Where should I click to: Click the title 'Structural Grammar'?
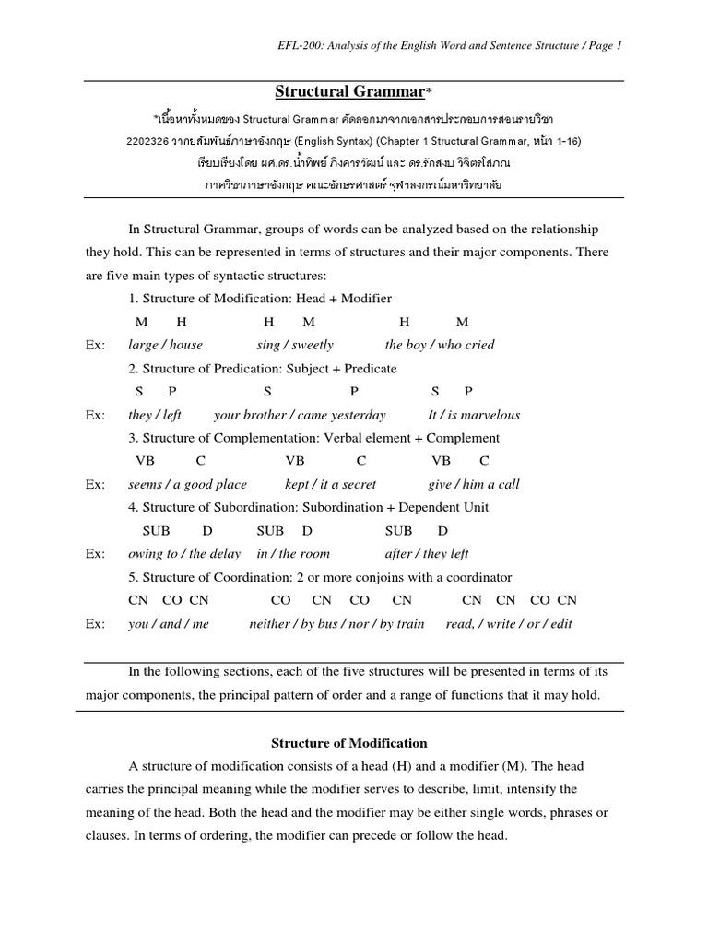click(350, 91)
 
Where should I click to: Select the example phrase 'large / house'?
click(165, 345)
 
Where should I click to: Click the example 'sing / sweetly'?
click(295, 345)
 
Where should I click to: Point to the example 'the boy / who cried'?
click(439, 345)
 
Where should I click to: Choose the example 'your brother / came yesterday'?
click(300, 415)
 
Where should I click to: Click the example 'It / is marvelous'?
click(474, 415)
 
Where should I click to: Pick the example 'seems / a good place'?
click(187, 484)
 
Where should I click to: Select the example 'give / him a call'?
click(473, 484)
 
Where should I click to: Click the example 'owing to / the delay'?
click(184, 553)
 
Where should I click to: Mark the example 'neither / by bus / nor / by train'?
click(336, 623)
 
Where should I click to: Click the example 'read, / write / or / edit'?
click(508, 623)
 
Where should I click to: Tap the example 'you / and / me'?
click(169, 623)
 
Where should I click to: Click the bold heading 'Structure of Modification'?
click(348, 742)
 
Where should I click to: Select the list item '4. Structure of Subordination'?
click(309, 507)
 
